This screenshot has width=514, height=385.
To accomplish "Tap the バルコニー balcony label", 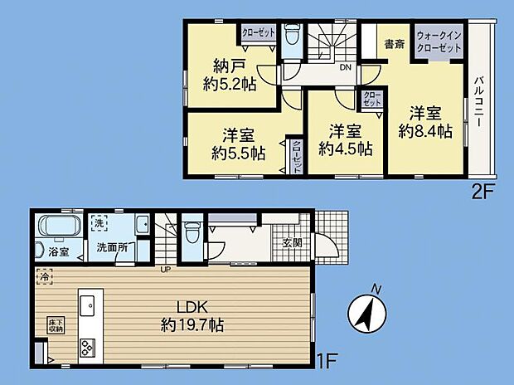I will pyautogui.click(x=479, y=100).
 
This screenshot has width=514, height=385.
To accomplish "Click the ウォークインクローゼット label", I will pyautogui.click(x=439, y=41).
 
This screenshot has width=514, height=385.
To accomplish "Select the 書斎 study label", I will pyautogui.click(x=393, y=44).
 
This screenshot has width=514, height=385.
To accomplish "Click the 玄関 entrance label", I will pyautogui.click(x=292, y=243).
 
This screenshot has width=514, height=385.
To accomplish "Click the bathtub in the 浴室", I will pyautogui.click(x=61, y=225).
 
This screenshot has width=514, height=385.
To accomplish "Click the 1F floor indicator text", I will pyautogui.click(x=327, y=362).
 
